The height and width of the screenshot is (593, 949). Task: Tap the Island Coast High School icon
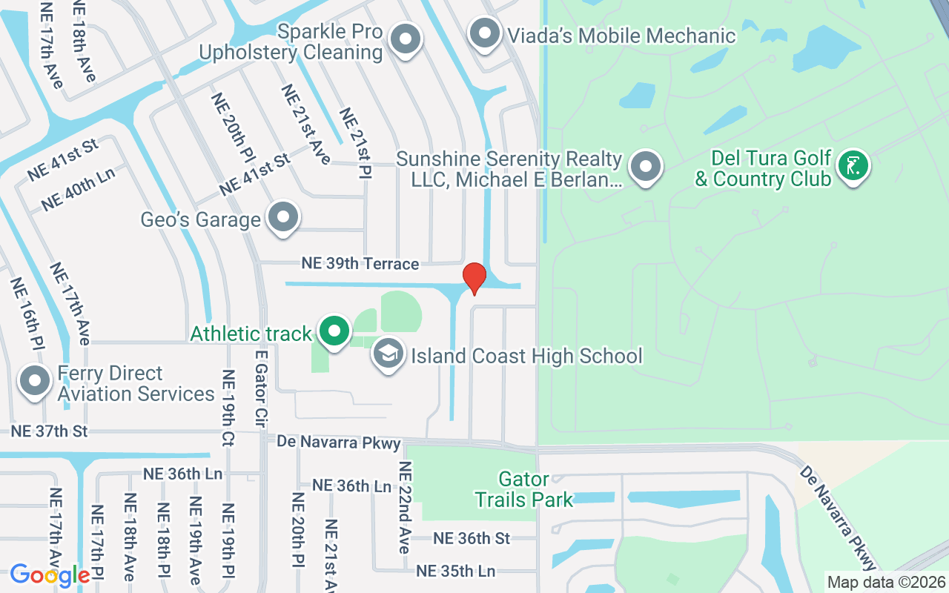tap(388, 354)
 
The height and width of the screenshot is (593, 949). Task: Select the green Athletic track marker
tap(334, 331)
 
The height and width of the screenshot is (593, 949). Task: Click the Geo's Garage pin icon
tap(282, 217)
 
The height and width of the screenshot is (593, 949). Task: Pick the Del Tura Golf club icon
tap(853, 166)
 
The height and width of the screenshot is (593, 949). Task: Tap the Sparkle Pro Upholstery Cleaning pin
tap(405, 39)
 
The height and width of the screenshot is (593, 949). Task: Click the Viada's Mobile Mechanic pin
tap(485, 34)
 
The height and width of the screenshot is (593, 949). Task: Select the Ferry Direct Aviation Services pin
tap(34, 381)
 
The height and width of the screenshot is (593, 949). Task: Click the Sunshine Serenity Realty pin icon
tap(646, 167)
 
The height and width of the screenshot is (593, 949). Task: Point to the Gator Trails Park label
tap(524, 489)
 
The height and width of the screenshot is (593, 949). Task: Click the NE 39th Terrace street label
tap(360, 264)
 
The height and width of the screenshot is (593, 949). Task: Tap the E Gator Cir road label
tap(260, 389)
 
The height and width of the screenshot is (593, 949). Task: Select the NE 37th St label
tap(49, 431)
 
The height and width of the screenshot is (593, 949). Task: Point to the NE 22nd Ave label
tap(404, 508)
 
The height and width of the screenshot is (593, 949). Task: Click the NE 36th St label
tap(472, 538)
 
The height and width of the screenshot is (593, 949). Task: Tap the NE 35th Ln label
tap(455, 572)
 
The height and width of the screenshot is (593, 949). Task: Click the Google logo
tap(50, 574)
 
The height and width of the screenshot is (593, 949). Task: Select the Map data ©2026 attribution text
tap(887, 583)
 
